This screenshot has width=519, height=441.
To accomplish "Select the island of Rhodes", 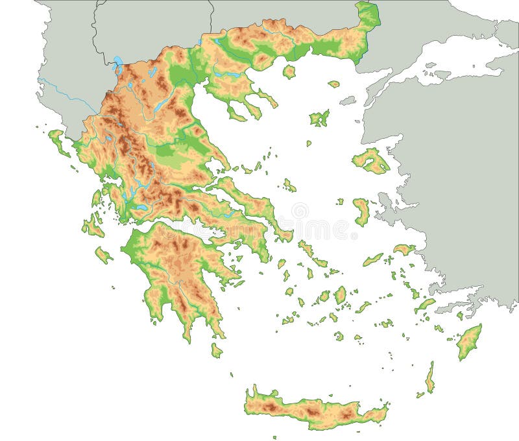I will tap(468, 342).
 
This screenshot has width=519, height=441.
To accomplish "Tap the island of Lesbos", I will tap(371, 161).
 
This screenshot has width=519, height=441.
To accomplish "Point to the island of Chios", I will tap(361, 211).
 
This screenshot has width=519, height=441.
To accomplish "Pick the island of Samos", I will tap(404, 249).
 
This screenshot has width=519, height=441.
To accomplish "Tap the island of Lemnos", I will tap(319, 118).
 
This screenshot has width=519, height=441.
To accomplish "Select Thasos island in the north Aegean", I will tap(289, 71).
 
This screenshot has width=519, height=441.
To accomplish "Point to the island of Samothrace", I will tap(333, 84).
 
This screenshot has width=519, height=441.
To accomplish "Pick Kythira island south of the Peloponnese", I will tap(216, 350).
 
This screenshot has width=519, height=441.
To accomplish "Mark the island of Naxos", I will tap(340, 295).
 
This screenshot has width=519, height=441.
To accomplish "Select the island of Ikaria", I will tap(372, 259).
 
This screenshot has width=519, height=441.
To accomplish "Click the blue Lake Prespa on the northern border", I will tap(117, 64).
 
